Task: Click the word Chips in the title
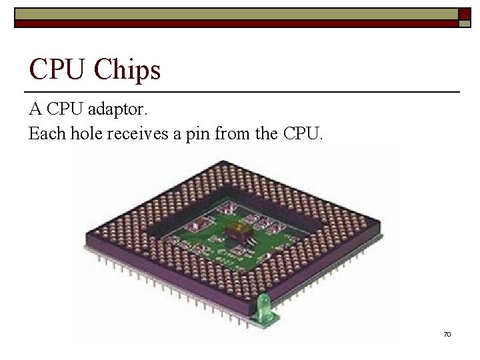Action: [x=128, y=69]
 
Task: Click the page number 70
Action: [x=447, y=333]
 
